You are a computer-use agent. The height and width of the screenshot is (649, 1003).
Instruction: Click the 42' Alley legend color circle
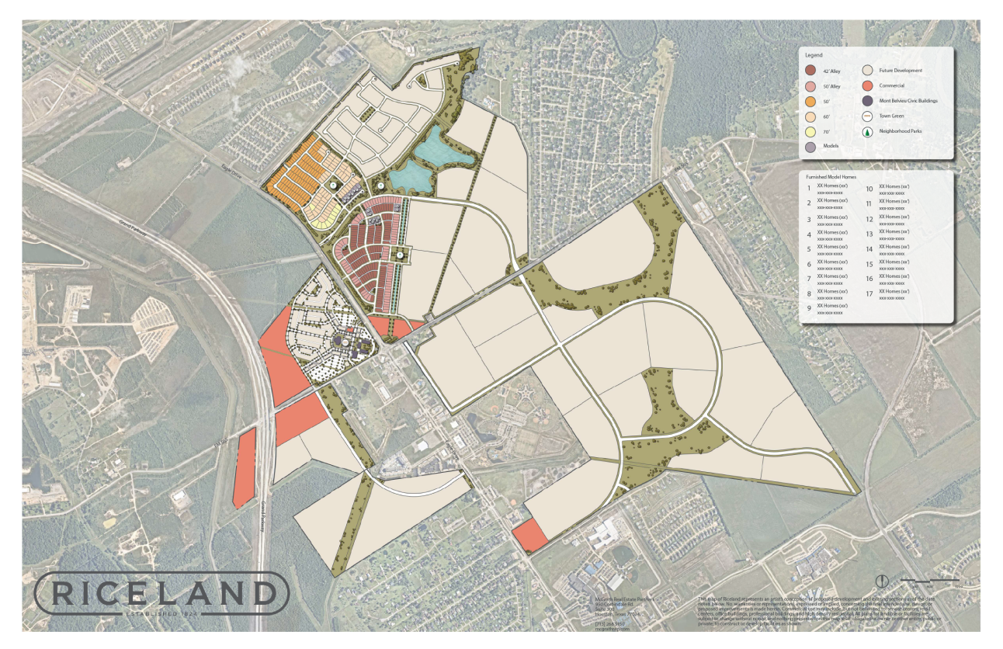point(810,71)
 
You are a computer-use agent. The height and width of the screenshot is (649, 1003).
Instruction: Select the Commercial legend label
point(891,85)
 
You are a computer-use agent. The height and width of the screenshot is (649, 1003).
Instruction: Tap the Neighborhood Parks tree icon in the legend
point(866,131)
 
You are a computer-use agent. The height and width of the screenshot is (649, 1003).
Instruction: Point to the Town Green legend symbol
point(866,116)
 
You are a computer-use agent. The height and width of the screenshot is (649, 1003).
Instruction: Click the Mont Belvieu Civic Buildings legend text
point(908,101)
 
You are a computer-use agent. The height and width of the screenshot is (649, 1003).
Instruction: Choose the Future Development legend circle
point(866,71)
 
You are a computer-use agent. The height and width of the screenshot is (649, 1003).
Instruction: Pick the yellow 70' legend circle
point(810,131)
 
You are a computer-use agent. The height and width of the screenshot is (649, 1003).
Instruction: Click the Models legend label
point(830,146)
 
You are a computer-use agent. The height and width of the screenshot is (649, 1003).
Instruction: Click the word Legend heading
point(814,56)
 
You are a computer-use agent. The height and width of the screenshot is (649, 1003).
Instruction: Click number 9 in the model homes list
point(809,308)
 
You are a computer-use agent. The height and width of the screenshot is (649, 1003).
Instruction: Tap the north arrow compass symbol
point(882,581)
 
